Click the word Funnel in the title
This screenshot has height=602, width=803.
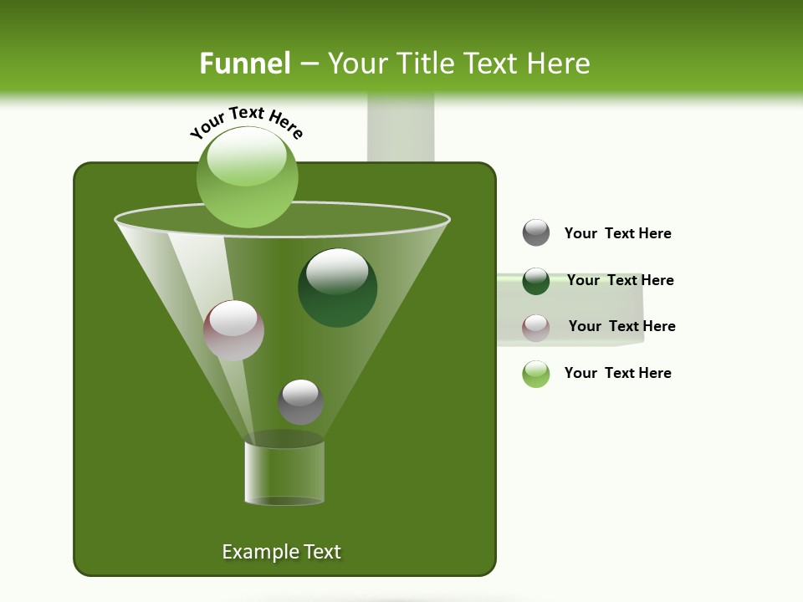(x=244, y=64)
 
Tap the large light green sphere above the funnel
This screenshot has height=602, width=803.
(x=248, y=177)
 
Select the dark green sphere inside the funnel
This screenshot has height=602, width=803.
(x=338, y=288)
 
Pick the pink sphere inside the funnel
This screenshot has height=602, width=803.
(x=234, y=330)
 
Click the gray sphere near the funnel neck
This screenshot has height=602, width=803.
(x=300, y=401)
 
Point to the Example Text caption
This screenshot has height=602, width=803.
(x=282, y=552)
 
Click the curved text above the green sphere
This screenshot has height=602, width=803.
(x=247, y=122)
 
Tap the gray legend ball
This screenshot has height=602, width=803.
(x=536, y=232)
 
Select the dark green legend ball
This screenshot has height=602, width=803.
(x=536, y=281)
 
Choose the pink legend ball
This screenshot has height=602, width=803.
(x=536, y=328)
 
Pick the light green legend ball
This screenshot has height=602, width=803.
(x=536, y=374)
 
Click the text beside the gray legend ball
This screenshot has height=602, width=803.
(x=617, y=233)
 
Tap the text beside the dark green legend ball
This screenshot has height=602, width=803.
(x=620, y=280)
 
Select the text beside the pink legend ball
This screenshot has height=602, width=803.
(x=621, y=326)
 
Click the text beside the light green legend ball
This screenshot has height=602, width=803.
(x=617, y=373)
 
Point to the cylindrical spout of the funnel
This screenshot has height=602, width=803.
(x=284, y=473)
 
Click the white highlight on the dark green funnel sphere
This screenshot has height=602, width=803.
(x=337, y=269)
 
